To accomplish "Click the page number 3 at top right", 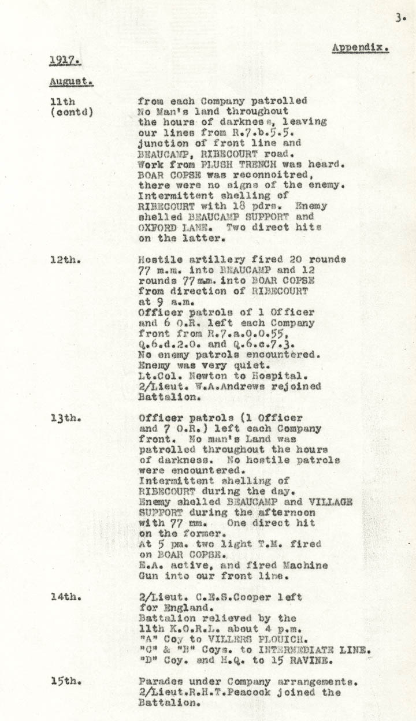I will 400,18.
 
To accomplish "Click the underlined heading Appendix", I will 360,48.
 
